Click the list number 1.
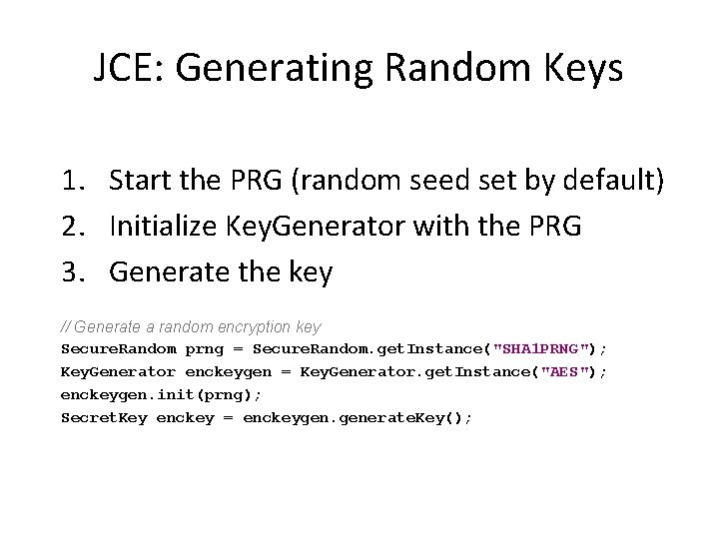point(72,181)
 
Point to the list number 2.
point(72,227)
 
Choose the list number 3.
point(72,271)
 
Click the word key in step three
point(310,271)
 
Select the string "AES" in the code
point(565,371)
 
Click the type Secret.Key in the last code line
point(104,417)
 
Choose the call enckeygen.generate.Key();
point(358,417)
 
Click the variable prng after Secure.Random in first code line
point(205,348)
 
